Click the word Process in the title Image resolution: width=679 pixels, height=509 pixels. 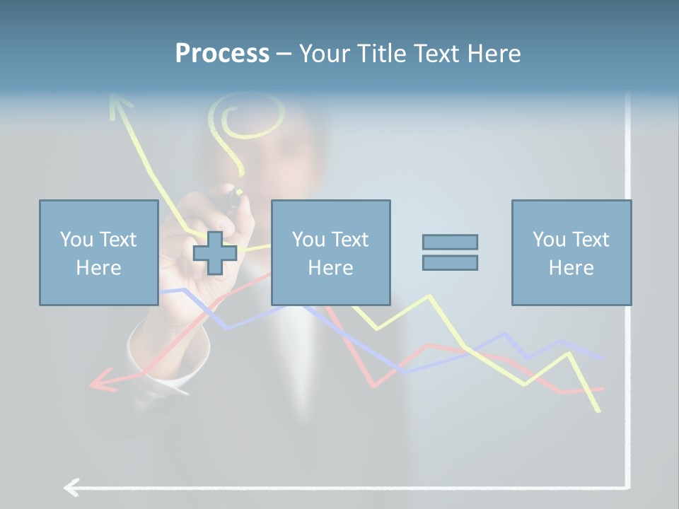[222, 54]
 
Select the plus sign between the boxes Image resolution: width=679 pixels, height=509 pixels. [215, 253]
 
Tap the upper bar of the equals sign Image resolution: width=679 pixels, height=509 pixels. [450, 242]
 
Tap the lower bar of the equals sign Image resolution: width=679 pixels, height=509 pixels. [450, 262]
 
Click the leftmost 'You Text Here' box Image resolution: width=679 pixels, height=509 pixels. [98, 253]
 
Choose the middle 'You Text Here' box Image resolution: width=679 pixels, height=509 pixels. [330, 253]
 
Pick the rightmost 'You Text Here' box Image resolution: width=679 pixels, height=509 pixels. [571, 253]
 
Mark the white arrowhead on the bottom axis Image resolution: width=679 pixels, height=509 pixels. [71, 487]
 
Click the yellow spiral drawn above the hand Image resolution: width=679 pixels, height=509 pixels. [251, 120]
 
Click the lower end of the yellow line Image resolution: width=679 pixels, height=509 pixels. [598, 410]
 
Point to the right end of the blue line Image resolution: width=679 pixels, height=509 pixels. [601, 358]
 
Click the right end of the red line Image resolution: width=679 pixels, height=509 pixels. [603, 388]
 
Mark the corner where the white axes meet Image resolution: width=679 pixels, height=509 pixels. [627, 486]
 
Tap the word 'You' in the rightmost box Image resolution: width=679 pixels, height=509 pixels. [549, 240]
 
